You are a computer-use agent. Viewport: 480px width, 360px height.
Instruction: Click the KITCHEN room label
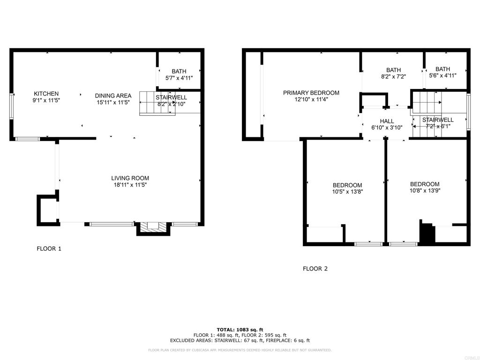46,94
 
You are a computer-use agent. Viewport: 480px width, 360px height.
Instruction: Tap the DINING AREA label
113,96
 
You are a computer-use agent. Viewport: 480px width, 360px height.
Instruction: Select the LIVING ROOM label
130,178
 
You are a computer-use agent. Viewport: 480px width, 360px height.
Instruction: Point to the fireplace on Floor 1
153,228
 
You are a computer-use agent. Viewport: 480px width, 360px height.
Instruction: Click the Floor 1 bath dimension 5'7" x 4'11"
179,78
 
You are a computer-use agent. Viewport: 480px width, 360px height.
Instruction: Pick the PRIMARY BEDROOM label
311,93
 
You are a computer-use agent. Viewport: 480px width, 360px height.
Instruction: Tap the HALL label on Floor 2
387,121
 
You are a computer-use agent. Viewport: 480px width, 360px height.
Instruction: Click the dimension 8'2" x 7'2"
393,77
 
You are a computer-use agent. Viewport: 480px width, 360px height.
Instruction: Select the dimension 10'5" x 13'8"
347,192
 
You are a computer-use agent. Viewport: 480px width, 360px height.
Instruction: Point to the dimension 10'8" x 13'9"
425,191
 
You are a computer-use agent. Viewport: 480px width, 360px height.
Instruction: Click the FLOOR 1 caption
49,248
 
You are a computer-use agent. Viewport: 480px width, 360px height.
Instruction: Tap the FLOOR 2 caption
315,269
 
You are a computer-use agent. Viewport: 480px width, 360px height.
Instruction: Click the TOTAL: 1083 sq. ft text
240,330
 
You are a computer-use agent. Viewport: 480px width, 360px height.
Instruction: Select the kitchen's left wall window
12,106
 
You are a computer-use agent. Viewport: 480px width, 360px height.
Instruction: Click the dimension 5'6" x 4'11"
443,75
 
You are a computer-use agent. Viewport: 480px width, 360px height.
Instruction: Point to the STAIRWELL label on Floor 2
438,120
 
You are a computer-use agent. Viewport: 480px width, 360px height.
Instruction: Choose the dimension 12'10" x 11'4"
311,99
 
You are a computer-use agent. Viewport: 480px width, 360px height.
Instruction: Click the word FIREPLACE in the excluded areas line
279,340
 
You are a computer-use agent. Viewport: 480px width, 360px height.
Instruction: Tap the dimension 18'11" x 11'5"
130,185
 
